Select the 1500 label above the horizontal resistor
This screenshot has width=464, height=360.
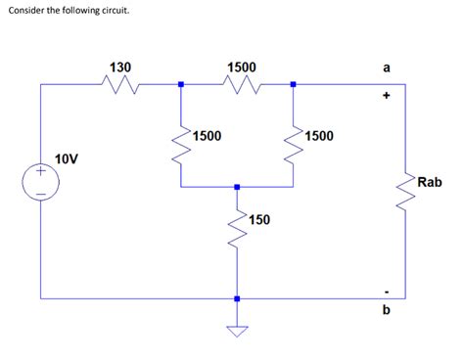242,67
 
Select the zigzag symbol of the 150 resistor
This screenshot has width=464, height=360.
237,232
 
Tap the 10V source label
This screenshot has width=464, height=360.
68,157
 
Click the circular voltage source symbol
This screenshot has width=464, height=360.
41,182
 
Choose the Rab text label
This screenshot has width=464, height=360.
430,182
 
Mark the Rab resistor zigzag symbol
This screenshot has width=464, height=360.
405,188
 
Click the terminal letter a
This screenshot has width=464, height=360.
387,67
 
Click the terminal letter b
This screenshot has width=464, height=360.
387,309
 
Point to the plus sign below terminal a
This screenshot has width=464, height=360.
387,96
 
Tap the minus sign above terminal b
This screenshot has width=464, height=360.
387,290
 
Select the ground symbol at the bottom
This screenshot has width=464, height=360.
237,331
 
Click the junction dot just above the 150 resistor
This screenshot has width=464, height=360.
237,184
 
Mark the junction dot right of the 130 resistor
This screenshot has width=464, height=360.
180,84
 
